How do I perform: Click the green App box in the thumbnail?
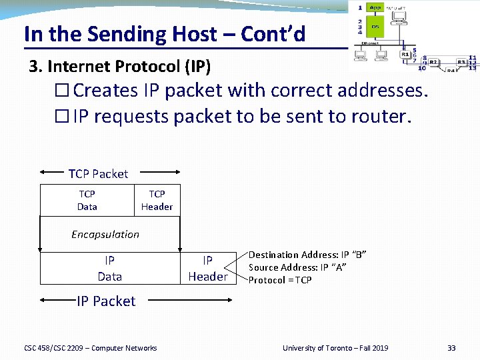(x=375, y=8)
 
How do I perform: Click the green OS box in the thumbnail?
(x=375, y=27)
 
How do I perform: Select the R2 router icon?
(x=433, y=62)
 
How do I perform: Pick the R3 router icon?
(x=461, y=62)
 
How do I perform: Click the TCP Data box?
(x=87, y=200)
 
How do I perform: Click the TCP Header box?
(x=157, y=200)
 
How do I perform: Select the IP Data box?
(x=109, y=269)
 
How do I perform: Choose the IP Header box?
(x=207, y=269)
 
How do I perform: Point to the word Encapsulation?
(x=105, y=234)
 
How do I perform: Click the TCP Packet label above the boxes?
(x=98, y=174)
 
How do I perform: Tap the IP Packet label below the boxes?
(x=106, y=301)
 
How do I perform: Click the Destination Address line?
(x=307, y=255)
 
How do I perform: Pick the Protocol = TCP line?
(x=280, y=280)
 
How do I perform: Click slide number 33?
(x=451, y=348)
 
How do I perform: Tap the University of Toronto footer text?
(x=335, y=348)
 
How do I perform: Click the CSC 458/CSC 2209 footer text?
(x=91, y=348)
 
